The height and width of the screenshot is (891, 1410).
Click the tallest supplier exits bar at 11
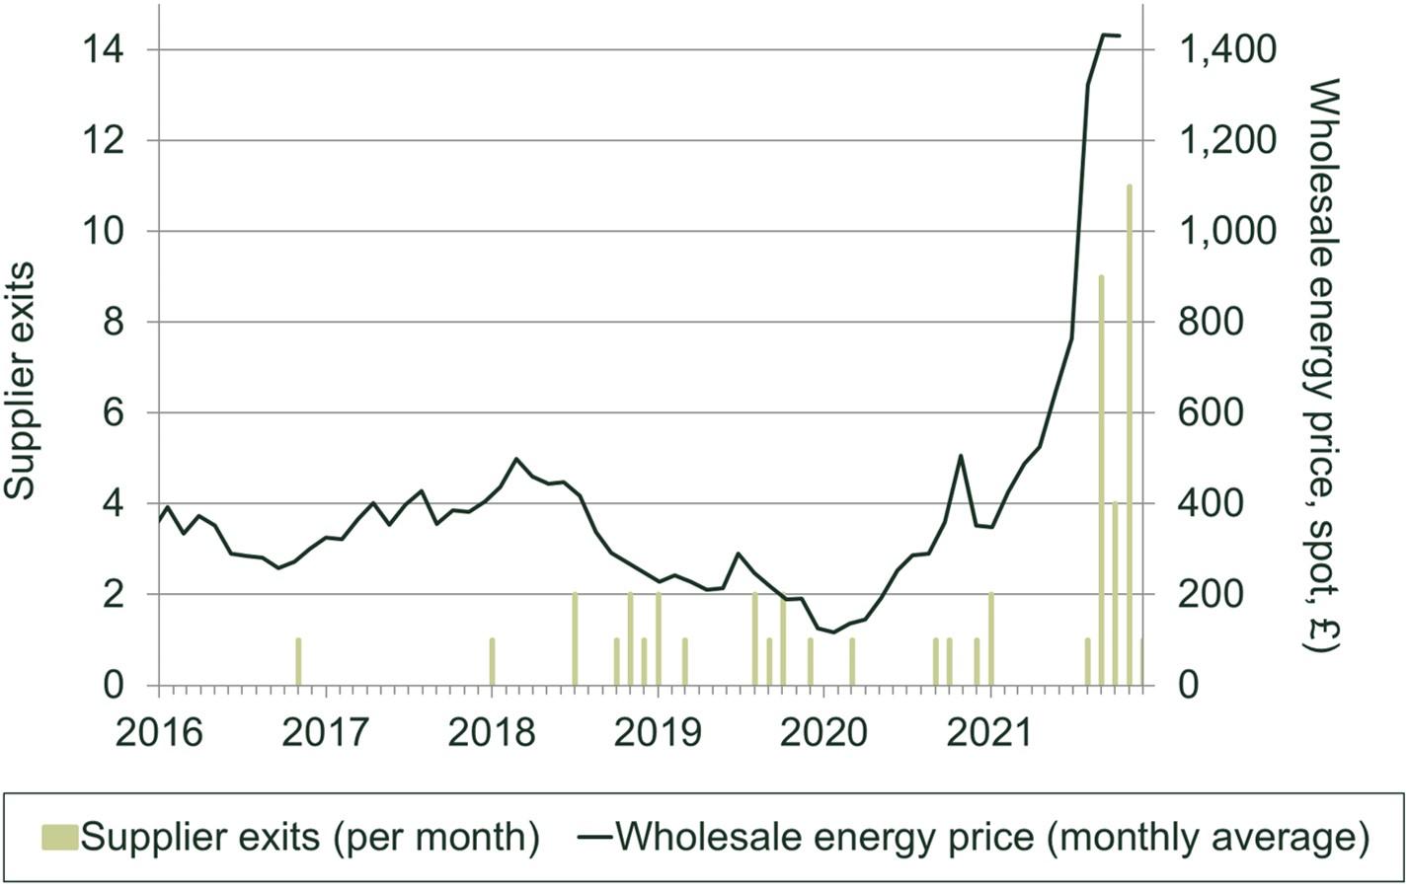1129,434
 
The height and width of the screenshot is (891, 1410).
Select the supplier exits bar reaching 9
1101,480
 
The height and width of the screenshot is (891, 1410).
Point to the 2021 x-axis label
990,733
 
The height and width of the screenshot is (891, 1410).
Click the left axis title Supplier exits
22,380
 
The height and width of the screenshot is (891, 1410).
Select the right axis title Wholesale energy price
1321,365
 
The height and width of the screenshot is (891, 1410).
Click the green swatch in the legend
59,838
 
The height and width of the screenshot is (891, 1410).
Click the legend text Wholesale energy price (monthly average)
992,838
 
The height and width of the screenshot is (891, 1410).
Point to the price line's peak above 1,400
1104,35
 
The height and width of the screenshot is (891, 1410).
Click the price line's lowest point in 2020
834,631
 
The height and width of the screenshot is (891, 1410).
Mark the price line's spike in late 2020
961,456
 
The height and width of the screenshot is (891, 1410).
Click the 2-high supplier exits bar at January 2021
990,639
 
